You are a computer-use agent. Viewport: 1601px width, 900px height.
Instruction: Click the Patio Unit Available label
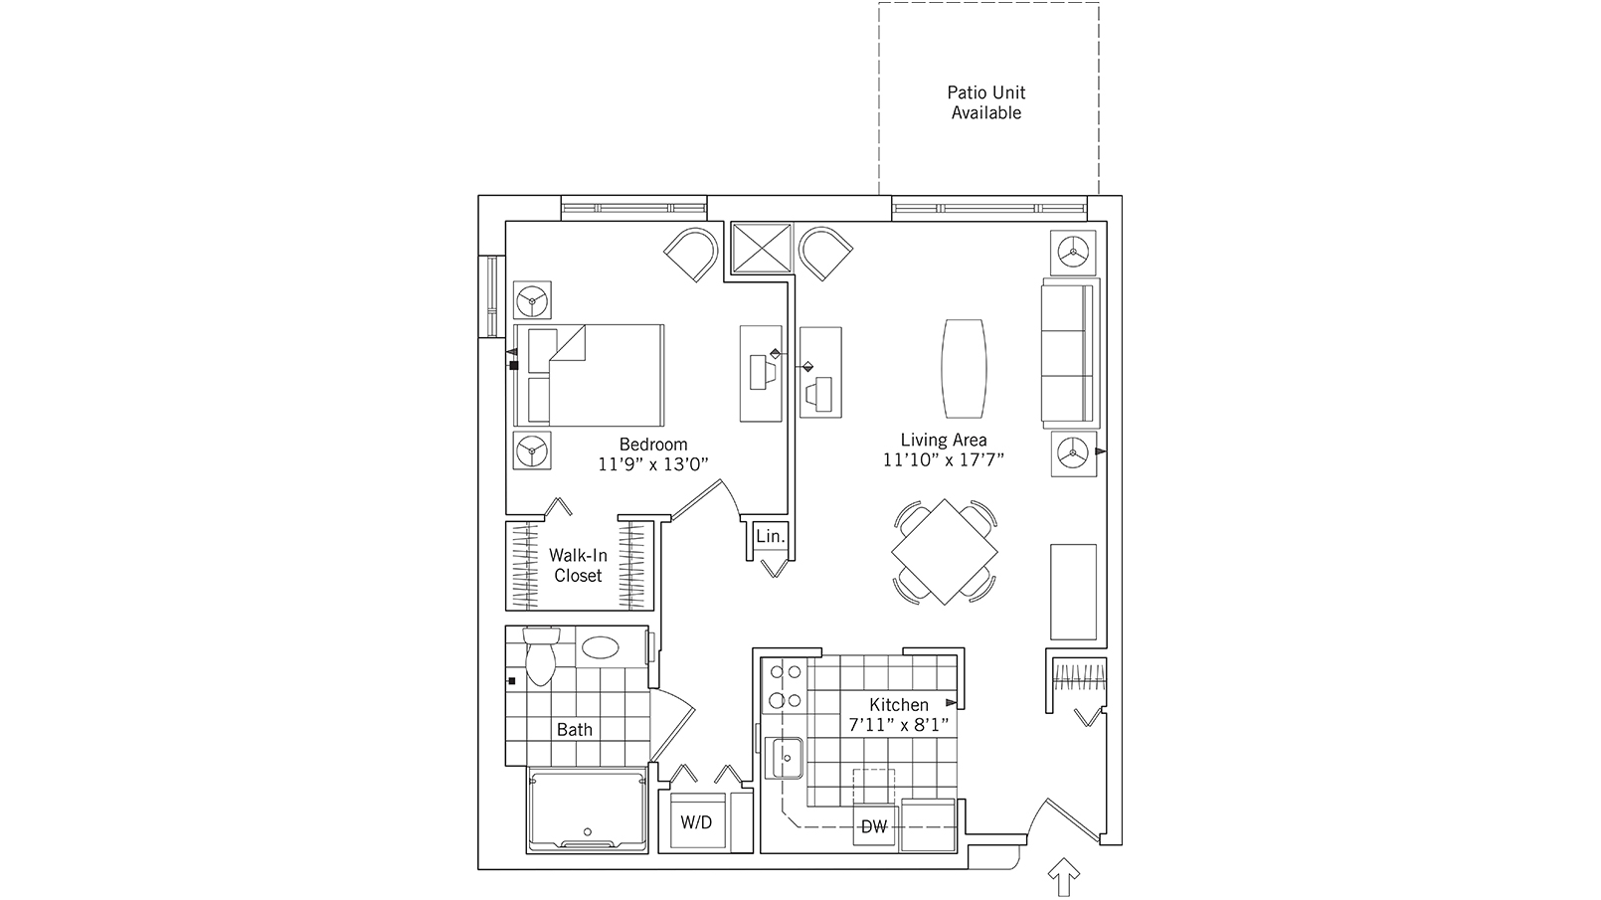[986, 102]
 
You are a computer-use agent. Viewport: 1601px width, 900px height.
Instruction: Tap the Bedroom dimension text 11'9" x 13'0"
[653, 464]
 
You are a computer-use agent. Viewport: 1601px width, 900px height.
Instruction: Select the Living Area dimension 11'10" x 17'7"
[944, 459]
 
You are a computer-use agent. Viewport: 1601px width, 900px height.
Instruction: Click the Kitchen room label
[899, 705]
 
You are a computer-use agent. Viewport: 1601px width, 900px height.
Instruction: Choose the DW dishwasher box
[875, 827]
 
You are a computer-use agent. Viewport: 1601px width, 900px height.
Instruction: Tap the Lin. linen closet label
[771, 536]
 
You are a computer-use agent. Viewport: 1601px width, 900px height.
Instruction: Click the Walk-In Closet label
[578, 566]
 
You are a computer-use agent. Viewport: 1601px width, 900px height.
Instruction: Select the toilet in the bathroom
[541, 656]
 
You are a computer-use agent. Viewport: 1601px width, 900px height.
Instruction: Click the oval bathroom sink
[601, 648]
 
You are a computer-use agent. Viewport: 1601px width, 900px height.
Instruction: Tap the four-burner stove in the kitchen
[785, 686]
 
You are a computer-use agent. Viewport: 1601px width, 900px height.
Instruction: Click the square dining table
[944, 552]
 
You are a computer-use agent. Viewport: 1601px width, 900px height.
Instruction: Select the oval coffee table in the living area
[965, 368]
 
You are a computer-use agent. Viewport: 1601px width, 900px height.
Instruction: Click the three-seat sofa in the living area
[1069, 354]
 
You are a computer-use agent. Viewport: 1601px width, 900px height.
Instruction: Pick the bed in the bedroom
[589, 375]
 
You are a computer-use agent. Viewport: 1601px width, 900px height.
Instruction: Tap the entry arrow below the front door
[1064, 876]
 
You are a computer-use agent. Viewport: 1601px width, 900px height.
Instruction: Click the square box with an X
[763, 248]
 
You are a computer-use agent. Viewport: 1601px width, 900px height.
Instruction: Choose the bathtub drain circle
[588, 832]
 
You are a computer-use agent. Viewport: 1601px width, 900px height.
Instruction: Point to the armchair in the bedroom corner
[691, 255]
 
